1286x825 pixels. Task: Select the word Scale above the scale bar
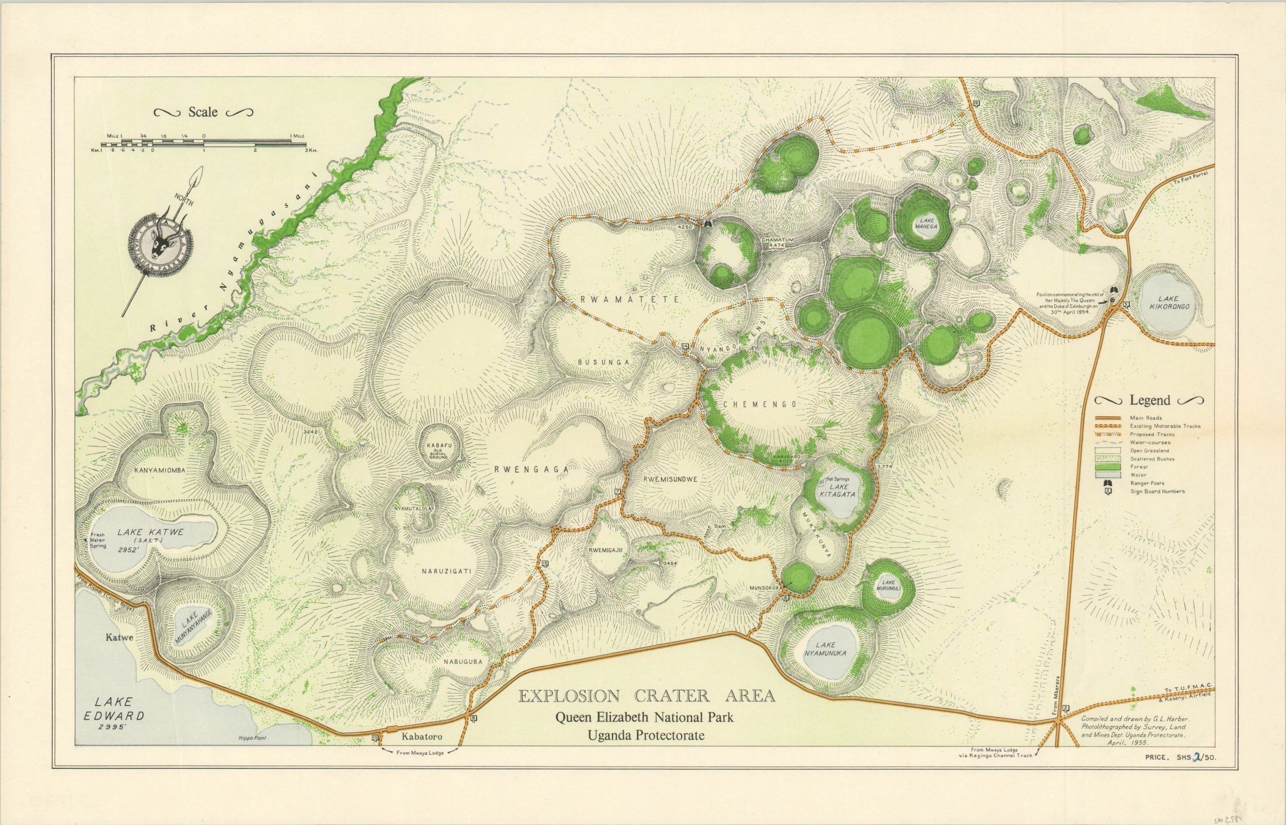coord(202,112)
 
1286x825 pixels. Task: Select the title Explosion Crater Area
coord(646,696)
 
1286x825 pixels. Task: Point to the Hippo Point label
coord(252,738)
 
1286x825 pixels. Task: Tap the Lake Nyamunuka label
coord(825,650)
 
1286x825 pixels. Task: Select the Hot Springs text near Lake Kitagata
coord(838,479)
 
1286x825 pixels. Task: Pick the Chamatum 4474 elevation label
coord(777,243)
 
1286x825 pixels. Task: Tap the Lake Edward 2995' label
coord(114,715)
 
